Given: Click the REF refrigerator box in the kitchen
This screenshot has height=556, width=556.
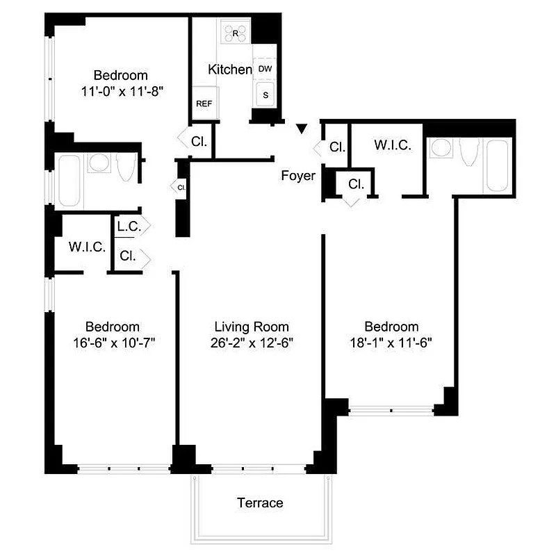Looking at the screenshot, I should click(204, 104).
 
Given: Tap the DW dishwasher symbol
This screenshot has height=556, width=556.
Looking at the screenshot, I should click(265, 69).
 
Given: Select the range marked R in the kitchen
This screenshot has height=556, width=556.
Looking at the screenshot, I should click(235, 33).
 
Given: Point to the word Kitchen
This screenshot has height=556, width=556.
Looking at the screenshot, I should click(230, 69).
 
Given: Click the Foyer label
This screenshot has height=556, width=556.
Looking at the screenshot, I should click(297, 176).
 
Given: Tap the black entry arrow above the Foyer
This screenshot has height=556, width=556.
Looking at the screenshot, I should click(301, 129).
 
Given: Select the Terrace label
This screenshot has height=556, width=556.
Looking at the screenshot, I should click(260, 502).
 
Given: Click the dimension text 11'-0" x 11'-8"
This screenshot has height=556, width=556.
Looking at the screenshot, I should click(122, 90).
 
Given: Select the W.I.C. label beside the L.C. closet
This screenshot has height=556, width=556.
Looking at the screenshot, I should click(87, 247).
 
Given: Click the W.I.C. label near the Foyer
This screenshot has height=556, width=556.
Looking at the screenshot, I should click(393, 146).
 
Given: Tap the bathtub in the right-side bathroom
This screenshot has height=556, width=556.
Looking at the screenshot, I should click(498, 165).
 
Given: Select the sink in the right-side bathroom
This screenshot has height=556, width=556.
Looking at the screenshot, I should click(441, 148).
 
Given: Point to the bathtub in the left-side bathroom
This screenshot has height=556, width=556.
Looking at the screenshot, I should click(70, 181).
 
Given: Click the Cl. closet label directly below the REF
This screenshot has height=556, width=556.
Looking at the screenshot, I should click(199, 141).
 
